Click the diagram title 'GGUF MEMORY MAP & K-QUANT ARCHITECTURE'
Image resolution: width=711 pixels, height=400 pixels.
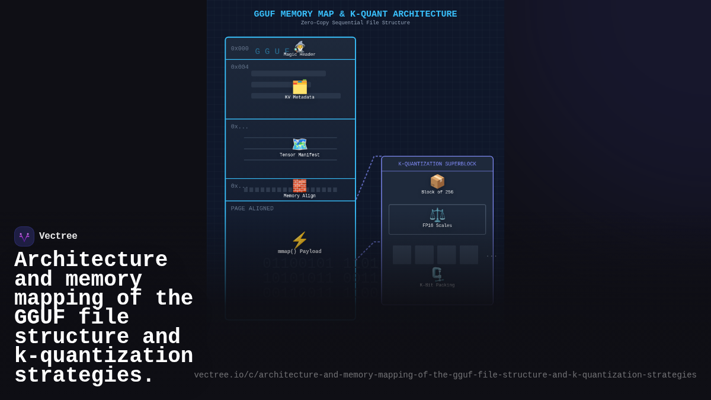355,14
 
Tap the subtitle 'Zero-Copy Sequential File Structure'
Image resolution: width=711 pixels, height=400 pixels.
355,23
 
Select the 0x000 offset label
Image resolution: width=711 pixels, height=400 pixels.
240,49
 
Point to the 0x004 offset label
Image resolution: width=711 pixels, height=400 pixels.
240,67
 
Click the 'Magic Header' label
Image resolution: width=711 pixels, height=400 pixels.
300,55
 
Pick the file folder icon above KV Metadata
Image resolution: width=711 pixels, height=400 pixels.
300,87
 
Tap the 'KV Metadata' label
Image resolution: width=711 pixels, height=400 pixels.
300,97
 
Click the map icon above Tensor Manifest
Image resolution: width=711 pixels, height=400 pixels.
300,144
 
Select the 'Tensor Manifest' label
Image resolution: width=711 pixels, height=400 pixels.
300,155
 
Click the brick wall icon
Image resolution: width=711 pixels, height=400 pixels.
300,185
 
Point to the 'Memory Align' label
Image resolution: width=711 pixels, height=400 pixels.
300,196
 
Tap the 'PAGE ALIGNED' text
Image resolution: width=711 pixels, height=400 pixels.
252,209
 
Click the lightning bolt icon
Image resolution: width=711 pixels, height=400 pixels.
300,240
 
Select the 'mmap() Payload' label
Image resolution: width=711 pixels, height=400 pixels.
300,251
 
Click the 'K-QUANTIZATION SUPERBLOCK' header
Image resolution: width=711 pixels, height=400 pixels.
437,164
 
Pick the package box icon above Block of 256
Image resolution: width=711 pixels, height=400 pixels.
437,181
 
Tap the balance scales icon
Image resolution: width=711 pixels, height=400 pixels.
437,215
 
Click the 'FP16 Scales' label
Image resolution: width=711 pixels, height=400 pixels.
437,226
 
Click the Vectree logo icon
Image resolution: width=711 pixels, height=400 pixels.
24,236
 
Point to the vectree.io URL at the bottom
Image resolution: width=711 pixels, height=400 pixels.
445,375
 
